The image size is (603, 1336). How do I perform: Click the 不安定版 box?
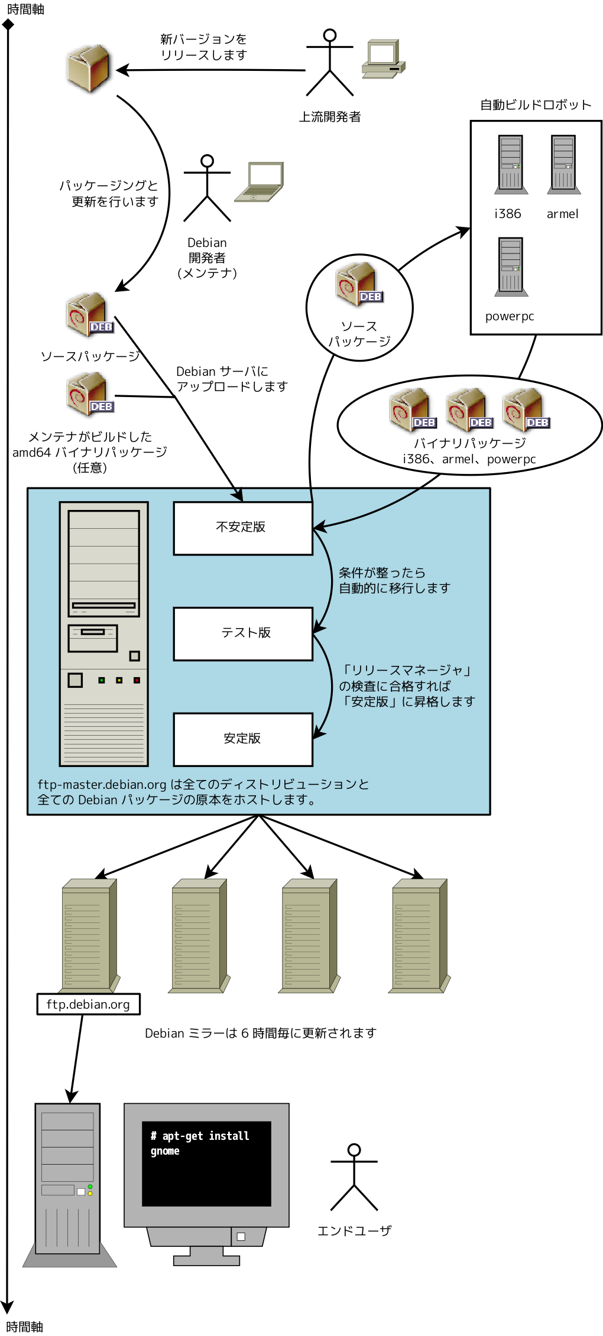(x=242, y=528)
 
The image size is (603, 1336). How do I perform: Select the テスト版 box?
(x=242, y=633)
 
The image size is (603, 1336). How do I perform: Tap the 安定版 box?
(x=242, y=739)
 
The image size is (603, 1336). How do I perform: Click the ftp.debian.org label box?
(x=88, y=1004)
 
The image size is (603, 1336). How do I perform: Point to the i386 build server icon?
(x=511, y=164)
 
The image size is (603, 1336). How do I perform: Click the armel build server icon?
(x=563, y=164)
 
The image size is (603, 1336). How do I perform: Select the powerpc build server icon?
(x=511, y=266)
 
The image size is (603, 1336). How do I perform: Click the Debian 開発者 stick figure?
(x=207, y=188)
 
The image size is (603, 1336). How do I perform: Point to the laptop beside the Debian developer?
(x=260, y=182)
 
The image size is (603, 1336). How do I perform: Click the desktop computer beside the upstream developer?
(x=383, y=59)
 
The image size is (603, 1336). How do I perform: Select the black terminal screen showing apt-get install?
(x=206, y=1163)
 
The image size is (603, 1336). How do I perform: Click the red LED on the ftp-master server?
(x=137, y=680)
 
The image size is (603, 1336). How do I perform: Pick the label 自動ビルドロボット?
(x=535, y=105)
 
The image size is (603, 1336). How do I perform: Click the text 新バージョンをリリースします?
(x=203, y=47)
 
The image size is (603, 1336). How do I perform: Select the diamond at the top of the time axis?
(x=8, y=24)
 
